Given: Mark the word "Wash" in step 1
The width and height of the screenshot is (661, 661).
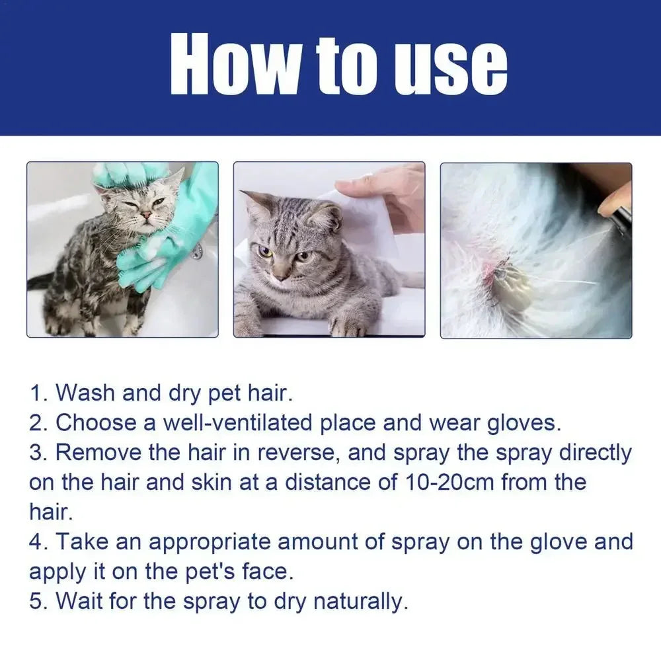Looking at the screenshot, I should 85,393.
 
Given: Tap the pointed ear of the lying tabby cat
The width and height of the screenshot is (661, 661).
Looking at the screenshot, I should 252,198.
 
